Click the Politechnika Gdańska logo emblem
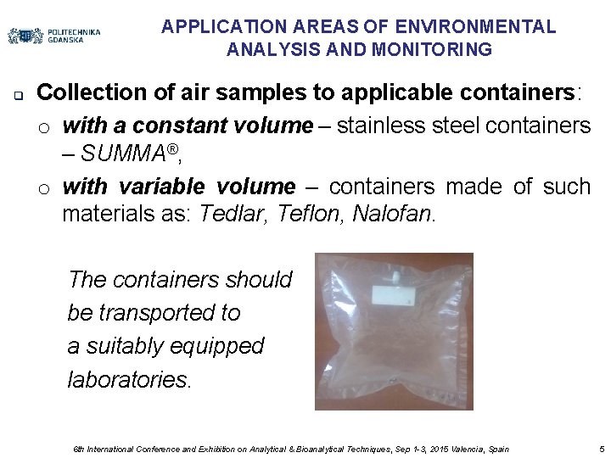point(25,36)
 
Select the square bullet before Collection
point(18,93)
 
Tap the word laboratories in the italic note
point(130,379)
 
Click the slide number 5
point(601,449)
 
